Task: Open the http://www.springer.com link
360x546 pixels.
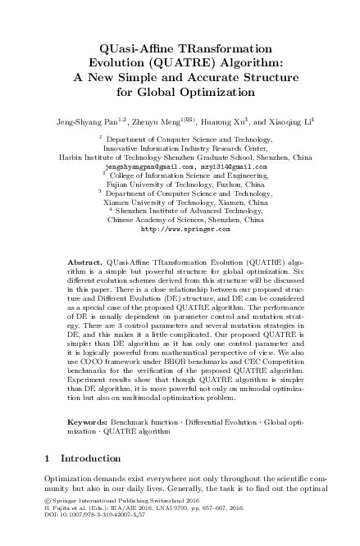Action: [x=180, y=230]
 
